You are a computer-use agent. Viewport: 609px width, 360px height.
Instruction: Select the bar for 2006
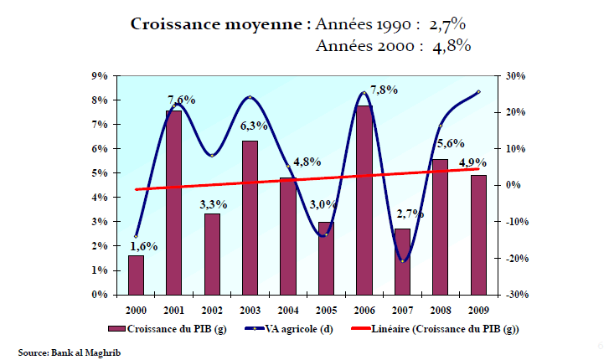(364, 200)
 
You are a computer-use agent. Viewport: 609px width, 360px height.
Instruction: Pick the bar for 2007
(402, 261)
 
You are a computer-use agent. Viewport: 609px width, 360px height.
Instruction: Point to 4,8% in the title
(451, 47)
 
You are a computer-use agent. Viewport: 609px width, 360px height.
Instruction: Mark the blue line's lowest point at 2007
(402, 261)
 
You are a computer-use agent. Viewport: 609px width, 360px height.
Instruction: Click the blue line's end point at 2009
(478, 91)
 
